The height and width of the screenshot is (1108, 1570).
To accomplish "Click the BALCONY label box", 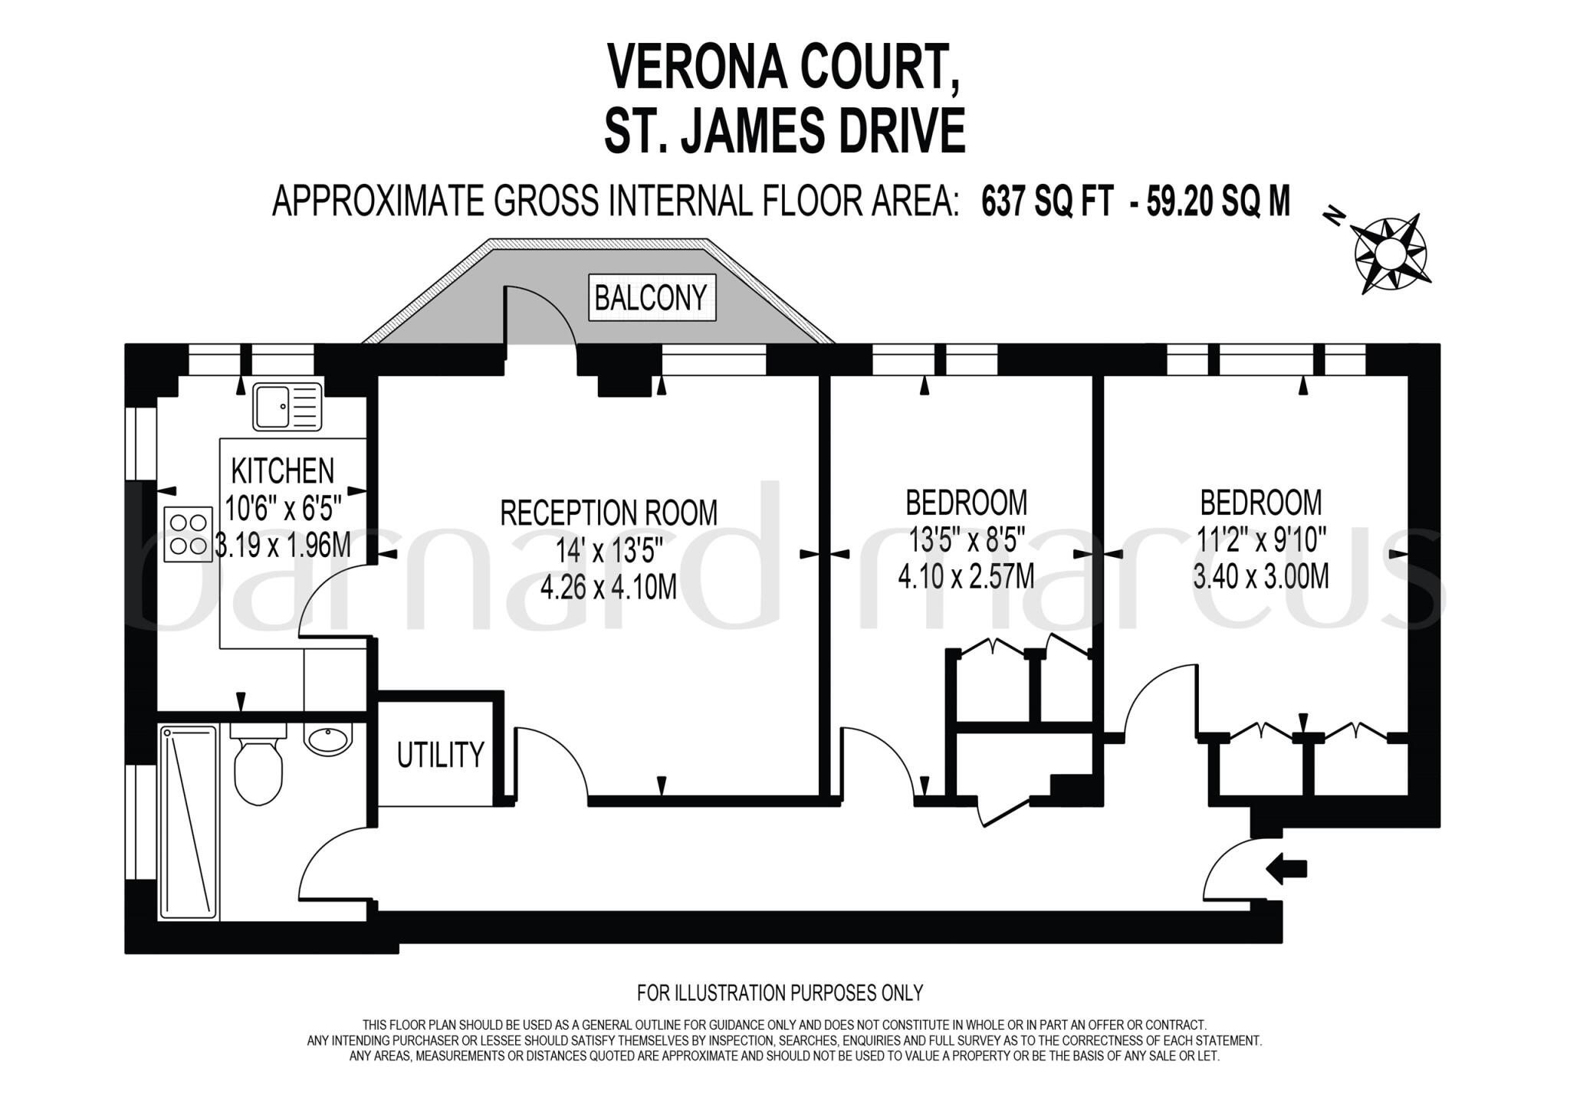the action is (x=652, y=297).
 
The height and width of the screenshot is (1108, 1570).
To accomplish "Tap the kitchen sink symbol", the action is (x=287, y=407).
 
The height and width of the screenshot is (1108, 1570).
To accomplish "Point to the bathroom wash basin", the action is (x=327, y=739).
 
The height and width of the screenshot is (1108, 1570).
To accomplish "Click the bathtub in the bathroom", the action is (x=189, y=823).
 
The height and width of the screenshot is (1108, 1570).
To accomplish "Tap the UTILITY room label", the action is (x=441, y=755).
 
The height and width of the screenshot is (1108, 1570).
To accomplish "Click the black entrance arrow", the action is (x=1286, y=869).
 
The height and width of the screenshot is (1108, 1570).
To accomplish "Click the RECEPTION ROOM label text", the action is (x=609, y=513).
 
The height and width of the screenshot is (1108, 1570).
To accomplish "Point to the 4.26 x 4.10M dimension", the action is (x=609, y=588).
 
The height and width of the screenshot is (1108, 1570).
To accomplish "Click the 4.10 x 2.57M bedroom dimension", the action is (x=966, y=575).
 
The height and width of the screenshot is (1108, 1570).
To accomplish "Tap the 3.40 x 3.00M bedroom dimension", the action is (x=1261, y=575).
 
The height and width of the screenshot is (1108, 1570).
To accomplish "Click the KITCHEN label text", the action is (x=283, y=470).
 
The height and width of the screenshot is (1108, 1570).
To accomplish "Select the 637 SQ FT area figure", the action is (x=1047, y=202).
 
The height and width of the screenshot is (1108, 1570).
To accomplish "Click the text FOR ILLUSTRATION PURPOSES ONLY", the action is (x=780, y=993).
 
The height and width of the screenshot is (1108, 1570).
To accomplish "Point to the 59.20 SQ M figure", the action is (x=1218, y=202).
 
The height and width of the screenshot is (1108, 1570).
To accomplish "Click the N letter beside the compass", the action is (x=1335, y=218).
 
